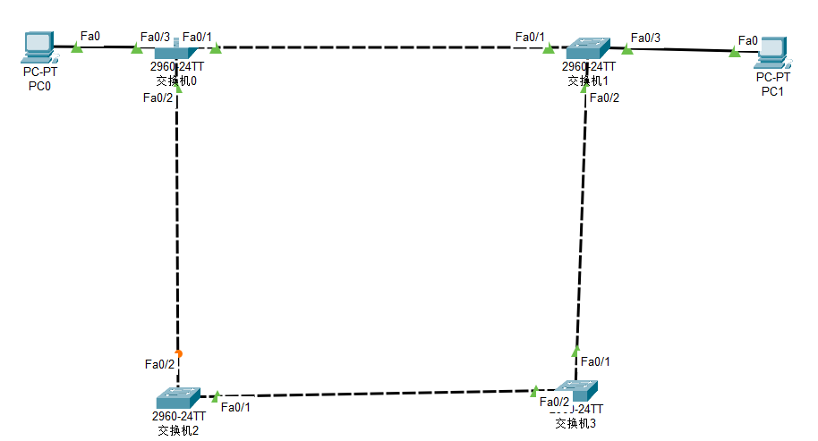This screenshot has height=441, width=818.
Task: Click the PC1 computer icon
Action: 770,52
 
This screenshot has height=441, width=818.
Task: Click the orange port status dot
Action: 179,353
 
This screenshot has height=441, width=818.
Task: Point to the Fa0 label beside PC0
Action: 90,36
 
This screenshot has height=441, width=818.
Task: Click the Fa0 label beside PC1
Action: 747,40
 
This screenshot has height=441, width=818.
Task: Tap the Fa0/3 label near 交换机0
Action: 155,37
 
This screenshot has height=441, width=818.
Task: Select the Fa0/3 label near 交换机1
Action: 645,38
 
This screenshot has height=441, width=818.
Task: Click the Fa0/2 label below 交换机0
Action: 158,98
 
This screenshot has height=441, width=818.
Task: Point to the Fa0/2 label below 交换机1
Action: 604,98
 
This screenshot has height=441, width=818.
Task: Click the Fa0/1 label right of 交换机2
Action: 235,408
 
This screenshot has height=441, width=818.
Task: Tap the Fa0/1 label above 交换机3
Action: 595,361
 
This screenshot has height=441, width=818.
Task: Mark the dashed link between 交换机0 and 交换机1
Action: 376,47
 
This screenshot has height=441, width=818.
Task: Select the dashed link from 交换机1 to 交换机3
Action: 581,224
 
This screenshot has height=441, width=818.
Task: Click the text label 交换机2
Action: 177,430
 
